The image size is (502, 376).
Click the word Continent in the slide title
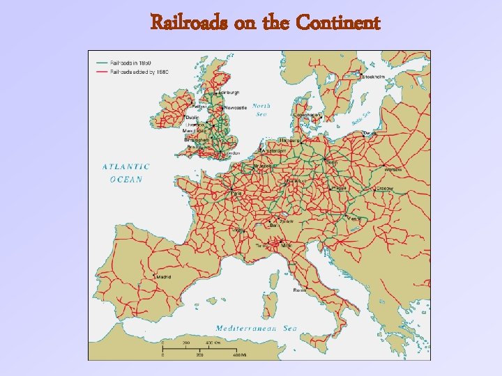coord(338,24)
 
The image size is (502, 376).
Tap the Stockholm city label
coord(372,77)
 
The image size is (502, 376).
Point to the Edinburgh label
coord(229,92)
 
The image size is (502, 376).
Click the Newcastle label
coord(234,108)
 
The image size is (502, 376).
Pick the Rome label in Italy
coord(299,289)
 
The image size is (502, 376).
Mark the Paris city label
coord(238,194)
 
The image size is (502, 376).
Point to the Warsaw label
coord(393,169)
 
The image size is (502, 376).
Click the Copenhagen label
coord(307,115)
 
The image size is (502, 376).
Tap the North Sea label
coord(261,110)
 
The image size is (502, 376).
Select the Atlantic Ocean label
coord(126,173)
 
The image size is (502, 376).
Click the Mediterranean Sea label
coord(257,328)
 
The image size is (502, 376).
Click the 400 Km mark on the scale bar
coord(211,343)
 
